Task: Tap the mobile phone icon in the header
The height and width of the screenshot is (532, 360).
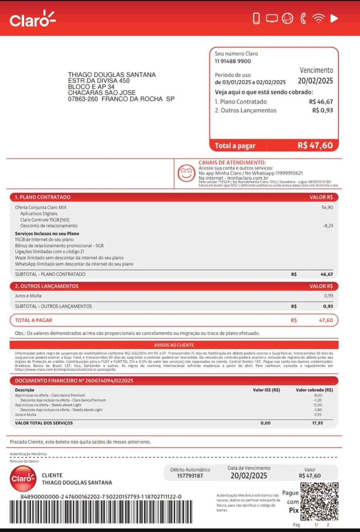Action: point(256,18)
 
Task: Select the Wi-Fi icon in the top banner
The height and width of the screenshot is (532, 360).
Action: point(318,18)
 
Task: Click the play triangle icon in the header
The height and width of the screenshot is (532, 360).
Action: point(334,18)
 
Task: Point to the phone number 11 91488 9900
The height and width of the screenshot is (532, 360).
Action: point(233,61)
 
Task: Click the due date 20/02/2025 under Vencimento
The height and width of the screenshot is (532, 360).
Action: point(316,81)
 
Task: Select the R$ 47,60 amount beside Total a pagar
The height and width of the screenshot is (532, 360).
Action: point(315,145)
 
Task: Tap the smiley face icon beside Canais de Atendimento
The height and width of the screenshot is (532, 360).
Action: point(186,172)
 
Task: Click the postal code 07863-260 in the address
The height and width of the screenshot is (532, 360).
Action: point(83,99)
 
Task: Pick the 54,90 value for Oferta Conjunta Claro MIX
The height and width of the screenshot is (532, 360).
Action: point(327,207)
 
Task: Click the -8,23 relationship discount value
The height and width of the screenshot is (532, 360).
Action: point(328,226)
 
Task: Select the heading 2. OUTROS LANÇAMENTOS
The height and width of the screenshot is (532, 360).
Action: point(47,286)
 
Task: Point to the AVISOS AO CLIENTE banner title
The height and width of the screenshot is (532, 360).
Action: point(174,345)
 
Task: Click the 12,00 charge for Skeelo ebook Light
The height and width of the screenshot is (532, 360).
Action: point(318,405)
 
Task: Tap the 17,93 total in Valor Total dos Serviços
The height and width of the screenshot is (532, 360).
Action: point(317,423)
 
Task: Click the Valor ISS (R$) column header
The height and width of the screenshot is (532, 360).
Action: point(266,390)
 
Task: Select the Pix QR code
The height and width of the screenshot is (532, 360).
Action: point(319,501)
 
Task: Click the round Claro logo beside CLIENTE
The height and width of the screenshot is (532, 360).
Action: point(23,479)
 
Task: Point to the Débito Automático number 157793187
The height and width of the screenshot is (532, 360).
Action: point(190,475)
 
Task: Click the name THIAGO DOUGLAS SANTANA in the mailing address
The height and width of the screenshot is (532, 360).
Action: point(112,75)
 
